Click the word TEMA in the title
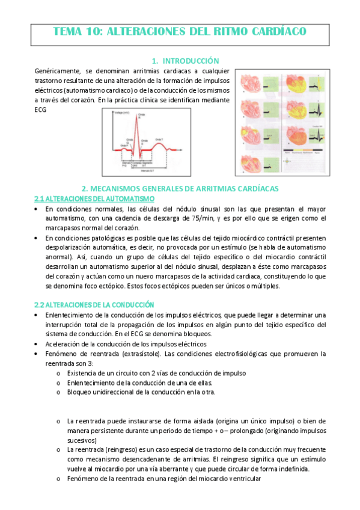point(68,31)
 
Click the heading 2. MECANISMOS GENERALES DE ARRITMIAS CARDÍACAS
point(180,189)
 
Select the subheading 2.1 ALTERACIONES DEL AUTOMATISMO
point(94,198)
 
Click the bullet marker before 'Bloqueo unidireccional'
point(58,392)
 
